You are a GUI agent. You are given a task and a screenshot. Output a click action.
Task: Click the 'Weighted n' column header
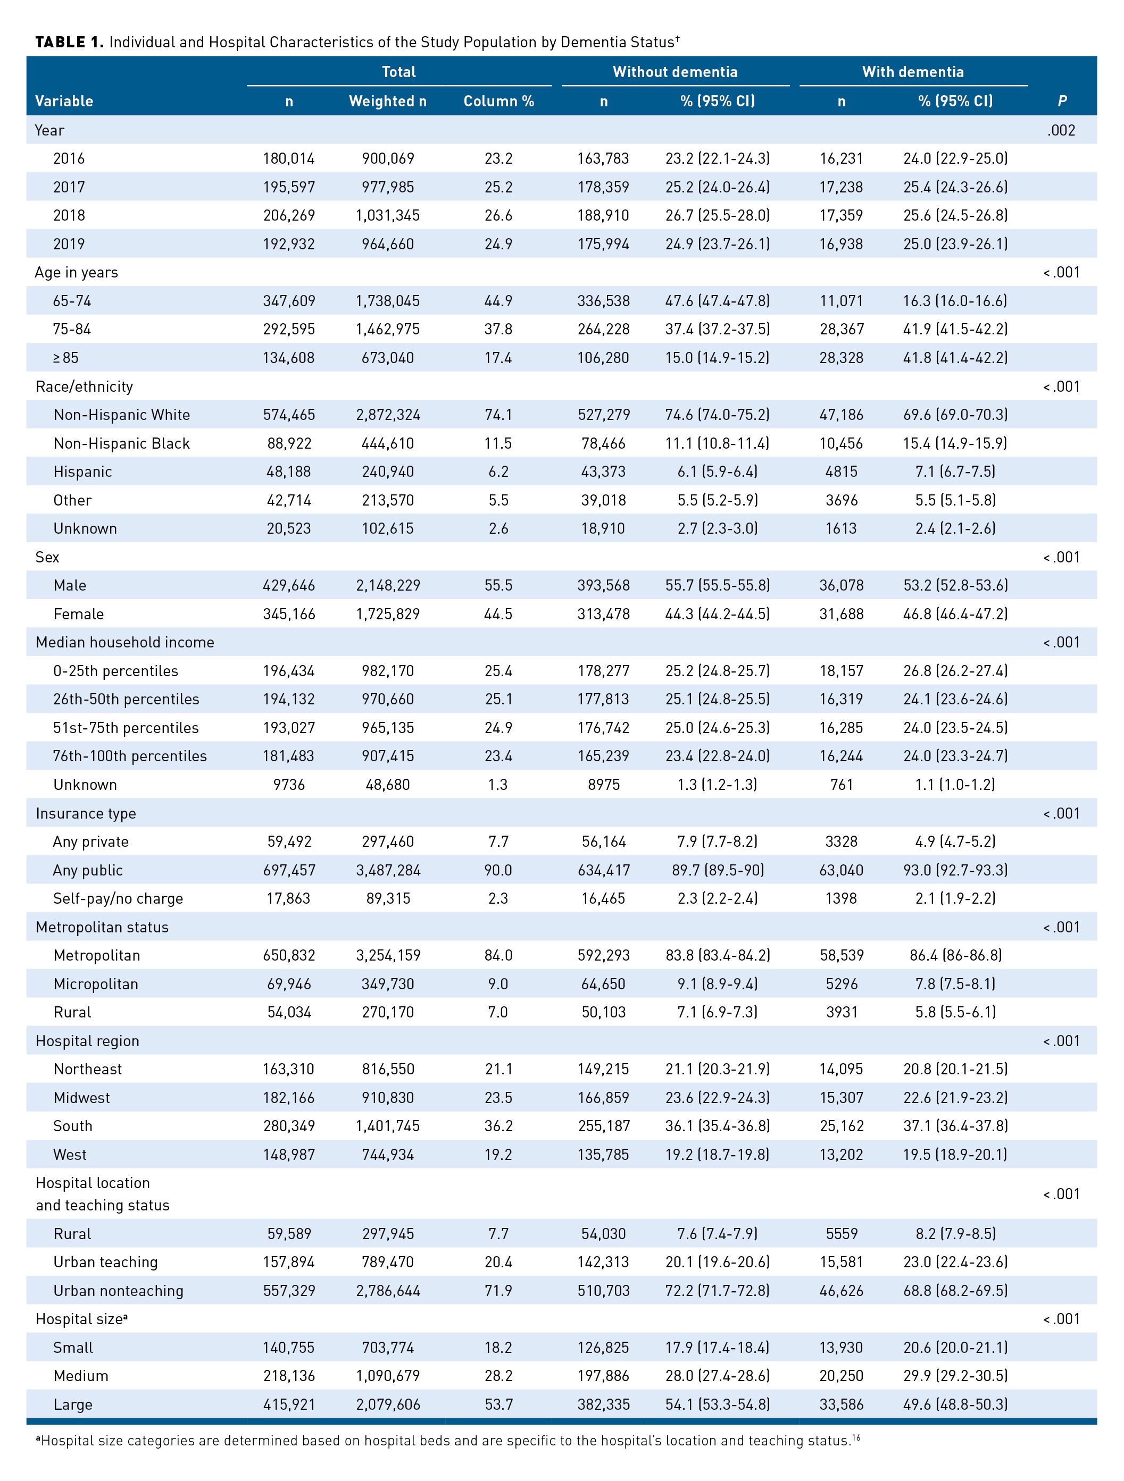coord(387,101)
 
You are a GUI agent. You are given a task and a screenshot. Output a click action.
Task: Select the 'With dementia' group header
coord(912,72)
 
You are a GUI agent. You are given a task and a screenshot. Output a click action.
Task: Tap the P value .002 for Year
coord(1061,130)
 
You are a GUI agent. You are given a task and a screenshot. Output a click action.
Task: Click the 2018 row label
coord(69,215)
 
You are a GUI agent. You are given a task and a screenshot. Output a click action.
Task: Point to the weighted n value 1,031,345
coord(387,215)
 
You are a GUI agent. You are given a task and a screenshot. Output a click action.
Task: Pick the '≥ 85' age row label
coord(65,358)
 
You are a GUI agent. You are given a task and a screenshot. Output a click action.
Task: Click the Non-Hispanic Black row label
coord(121,443)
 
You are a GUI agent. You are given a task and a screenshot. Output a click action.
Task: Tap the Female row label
coord(78,614)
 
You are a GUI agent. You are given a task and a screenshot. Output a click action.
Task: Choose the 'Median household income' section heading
coord(124,642)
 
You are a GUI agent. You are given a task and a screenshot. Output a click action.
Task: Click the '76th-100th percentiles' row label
coord(130,756)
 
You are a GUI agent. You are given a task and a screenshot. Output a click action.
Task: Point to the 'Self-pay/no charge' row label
coord(118,898)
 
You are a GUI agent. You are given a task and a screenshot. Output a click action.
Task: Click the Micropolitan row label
coord(96,983)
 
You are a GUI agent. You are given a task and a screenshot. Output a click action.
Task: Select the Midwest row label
coord(82,1097)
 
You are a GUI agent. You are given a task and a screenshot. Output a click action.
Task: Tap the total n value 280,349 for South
coord(289,1126)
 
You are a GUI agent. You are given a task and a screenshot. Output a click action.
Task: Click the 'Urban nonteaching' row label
coord(118,1290)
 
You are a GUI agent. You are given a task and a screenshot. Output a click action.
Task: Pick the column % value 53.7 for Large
coord(498,1404)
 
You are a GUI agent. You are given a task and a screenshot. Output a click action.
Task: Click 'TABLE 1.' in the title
coord(69,42)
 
